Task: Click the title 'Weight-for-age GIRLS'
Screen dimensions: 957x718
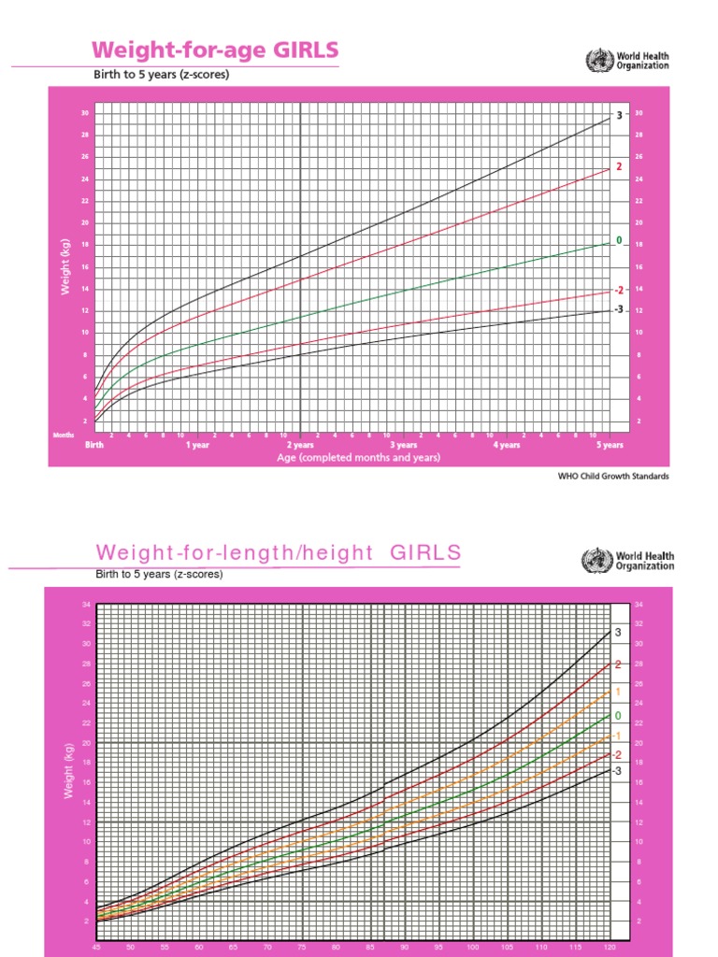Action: [x=214, y=50]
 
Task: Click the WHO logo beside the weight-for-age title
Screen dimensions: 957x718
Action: [x=596, y=62]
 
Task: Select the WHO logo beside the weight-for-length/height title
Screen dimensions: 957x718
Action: [x=594, y=561]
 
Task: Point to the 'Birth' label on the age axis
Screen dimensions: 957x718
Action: [x=94, y=446]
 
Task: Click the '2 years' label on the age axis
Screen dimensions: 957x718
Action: [x=300, y=446]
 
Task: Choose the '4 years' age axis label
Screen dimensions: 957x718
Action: [x=507, y=446]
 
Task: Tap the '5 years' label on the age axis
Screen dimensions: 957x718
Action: [x=610, y=446]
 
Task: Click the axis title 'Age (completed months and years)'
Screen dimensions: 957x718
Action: [x=358, y=459]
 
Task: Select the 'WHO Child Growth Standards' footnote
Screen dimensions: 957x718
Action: [x=613, y=476]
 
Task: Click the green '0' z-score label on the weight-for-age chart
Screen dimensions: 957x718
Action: [x=618, y=240]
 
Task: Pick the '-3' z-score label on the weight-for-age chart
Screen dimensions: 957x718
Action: [x=618, y=309]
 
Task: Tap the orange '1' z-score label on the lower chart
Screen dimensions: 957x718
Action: [x=617, y=692]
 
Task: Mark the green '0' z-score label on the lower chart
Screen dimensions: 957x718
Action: [x=617, y=715]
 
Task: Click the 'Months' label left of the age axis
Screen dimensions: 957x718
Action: [x=63, y=436]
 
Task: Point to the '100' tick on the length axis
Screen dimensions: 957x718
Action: [x=473, y=947]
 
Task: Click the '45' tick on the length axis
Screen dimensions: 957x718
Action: [x=96, y=947]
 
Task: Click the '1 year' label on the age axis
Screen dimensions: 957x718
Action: [x=197, y=446]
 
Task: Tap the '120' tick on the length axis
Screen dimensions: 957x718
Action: [x=610, y=947]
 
